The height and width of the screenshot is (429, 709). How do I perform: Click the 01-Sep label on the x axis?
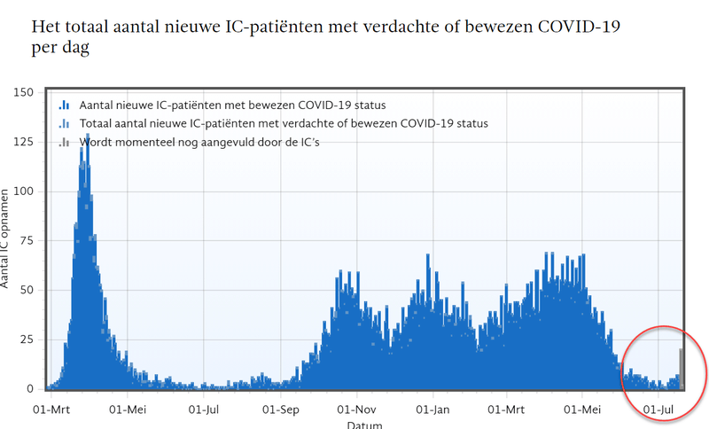click(281, 409)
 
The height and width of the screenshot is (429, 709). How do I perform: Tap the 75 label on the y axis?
click(28, 240)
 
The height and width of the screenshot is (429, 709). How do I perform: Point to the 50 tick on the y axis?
click(28, 290)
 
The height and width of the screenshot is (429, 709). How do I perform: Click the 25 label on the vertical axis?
click(28, 339)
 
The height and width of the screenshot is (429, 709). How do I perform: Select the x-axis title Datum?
click(364, 425)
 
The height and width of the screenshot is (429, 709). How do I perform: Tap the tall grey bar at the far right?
click(681, 368)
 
